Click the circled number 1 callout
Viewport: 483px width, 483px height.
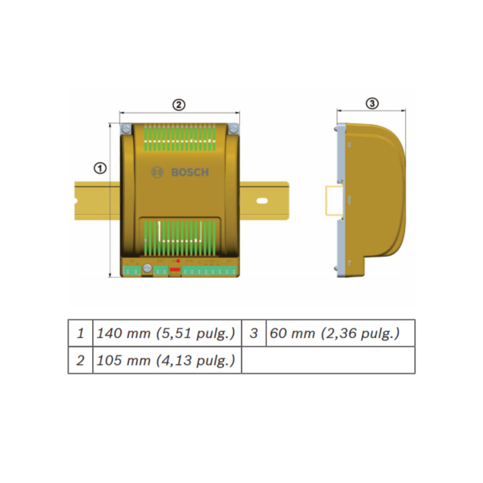click(x=101, y=168)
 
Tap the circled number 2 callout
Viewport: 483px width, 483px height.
click(x=179, y=104)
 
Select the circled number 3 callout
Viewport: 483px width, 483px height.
click(x=372, y=103)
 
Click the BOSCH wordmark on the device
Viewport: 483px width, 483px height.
click(x=190, y=173)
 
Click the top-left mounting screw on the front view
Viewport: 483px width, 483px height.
click(x=126, y=130)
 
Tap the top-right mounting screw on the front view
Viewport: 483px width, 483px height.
click(x=233, y=130)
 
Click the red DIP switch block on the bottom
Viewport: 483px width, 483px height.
click(x=174, y=269)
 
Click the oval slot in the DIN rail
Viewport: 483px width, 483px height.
click(x=261, y=200)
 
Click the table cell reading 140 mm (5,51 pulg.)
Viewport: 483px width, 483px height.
click(x=167, y=333)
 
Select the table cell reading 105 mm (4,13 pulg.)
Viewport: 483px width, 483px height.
click(x=167, y=360)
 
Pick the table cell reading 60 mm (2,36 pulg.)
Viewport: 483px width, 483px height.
click(x=340, y=333)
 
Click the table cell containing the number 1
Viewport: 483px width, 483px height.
click(x=80, y=333)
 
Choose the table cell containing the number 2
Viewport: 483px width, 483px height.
click(x=80, y=360)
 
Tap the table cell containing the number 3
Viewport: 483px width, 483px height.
click(x=254, y=333)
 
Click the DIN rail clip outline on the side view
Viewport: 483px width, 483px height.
click(x=333, y=200)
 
